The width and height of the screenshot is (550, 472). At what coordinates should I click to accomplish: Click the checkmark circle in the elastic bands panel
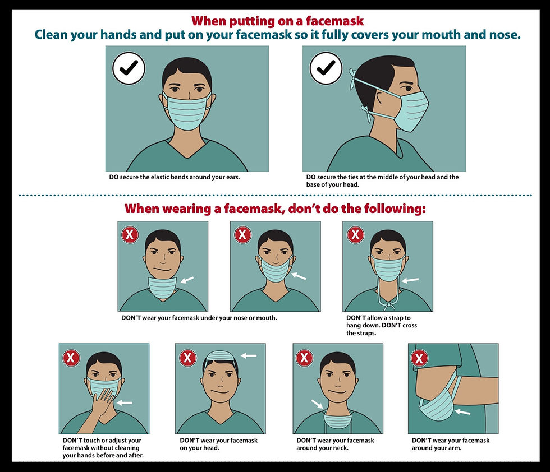pos(129,68)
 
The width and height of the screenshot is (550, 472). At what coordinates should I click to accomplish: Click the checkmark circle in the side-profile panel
pos(326,68)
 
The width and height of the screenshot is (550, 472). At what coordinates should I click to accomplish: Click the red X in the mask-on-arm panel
pos(419,358)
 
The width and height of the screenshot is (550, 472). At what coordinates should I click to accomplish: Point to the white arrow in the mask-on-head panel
pos(249,355)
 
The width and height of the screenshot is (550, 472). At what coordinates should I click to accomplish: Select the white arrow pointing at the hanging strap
pos(410,280)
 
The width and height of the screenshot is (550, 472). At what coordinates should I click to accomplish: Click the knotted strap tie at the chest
pos(388,306)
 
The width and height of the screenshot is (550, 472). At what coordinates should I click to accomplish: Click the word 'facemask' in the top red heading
pos(334,21)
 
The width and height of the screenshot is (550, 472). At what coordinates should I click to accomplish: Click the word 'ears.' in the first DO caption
pos(233,177)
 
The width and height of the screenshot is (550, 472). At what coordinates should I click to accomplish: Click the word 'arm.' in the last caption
pos(455,448)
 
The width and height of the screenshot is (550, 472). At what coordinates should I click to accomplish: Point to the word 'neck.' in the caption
pos(341,448)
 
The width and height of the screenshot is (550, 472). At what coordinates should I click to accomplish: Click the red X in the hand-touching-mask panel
pos(71,358)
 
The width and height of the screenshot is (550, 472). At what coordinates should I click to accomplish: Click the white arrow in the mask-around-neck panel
pos(318,404)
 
